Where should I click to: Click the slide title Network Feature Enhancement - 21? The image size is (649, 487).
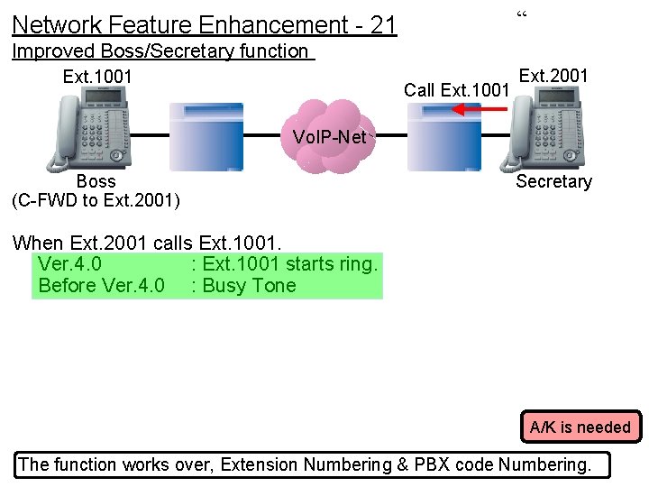(x=205, y=24)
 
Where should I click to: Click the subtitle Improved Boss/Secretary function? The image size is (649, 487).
(x=160, y=51)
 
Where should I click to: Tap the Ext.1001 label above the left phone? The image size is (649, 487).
(x=97, y=77)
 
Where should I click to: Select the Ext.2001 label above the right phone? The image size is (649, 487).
(x=553, y=76)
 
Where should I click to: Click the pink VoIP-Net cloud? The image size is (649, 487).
(x=330, y=136)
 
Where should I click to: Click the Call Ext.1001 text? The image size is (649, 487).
(x=457, y=90)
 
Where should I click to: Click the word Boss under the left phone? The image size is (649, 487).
(x=96, y=181)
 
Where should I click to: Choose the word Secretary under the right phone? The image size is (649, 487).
(x=553, y=181)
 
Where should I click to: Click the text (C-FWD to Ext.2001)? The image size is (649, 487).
(x=96, y=200)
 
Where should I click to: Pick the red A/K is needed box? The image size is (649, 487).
(x=580, y=427)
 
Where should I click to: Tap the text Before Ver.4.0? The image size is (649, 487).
(x=101, y=286)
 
